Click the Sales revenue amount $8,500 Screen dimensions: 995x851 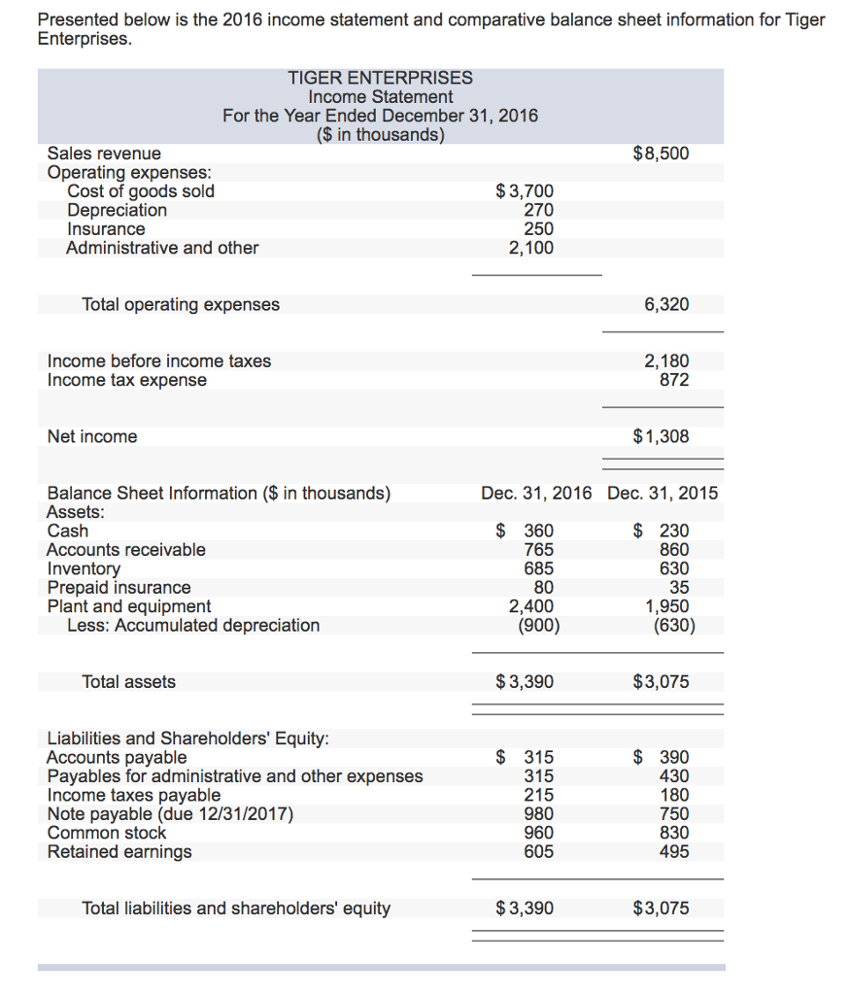[661, 154]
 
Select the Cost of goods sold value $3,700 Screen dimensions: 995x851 [525, 191]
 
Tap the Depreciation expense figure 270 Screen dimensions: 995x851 [538, 210]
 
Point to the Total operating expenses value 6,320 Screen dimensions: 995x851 [666, 305]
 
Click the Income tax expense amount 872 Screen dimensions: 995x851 [673, 380]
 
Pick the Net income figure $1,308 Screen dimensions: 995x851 [661, 437]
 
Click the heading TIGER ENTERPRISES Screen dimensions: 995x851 [380, 78]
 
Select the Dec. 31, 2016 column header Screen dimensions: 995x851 [536, 494]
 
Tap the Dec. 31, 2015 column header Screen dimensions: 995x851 [663, 494]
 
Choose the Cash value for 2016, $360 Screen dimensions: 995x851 [527, 532]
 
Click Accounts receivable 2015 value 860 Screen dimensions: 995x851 [673, 550]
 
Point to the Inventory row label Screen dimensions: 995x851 [84, 568]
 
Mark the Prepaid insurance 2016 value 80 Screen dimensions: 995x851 [544, 588]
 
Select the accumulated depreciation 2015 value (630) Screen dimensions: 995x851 [673, 626]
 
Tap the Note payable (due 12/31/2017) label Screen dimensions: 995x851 [170, 814]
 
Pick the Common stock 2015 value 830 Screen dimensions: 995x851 [673, 833]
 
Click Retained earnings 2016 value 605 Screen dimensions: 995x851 [539, 852]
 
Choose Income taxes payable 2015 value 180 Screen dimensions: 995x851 [673, 796]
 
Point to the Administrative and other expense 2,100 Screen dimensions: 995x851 [531, 248]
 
